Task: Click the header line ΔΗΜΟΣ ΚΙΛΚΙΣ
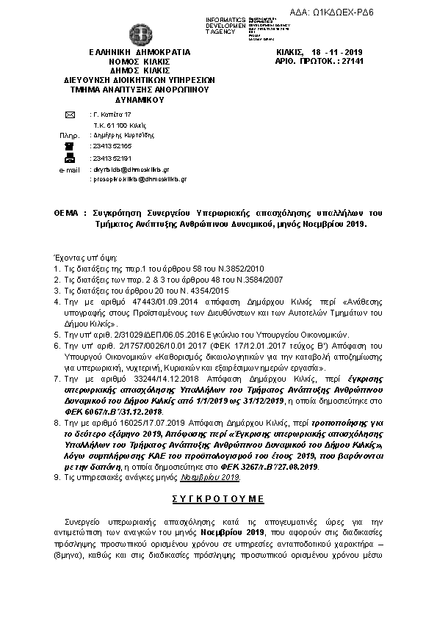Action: tap(140, 71)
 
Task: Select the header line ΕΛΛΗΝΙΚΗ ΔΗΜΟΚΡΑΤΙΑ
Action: tap(140, 53)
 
